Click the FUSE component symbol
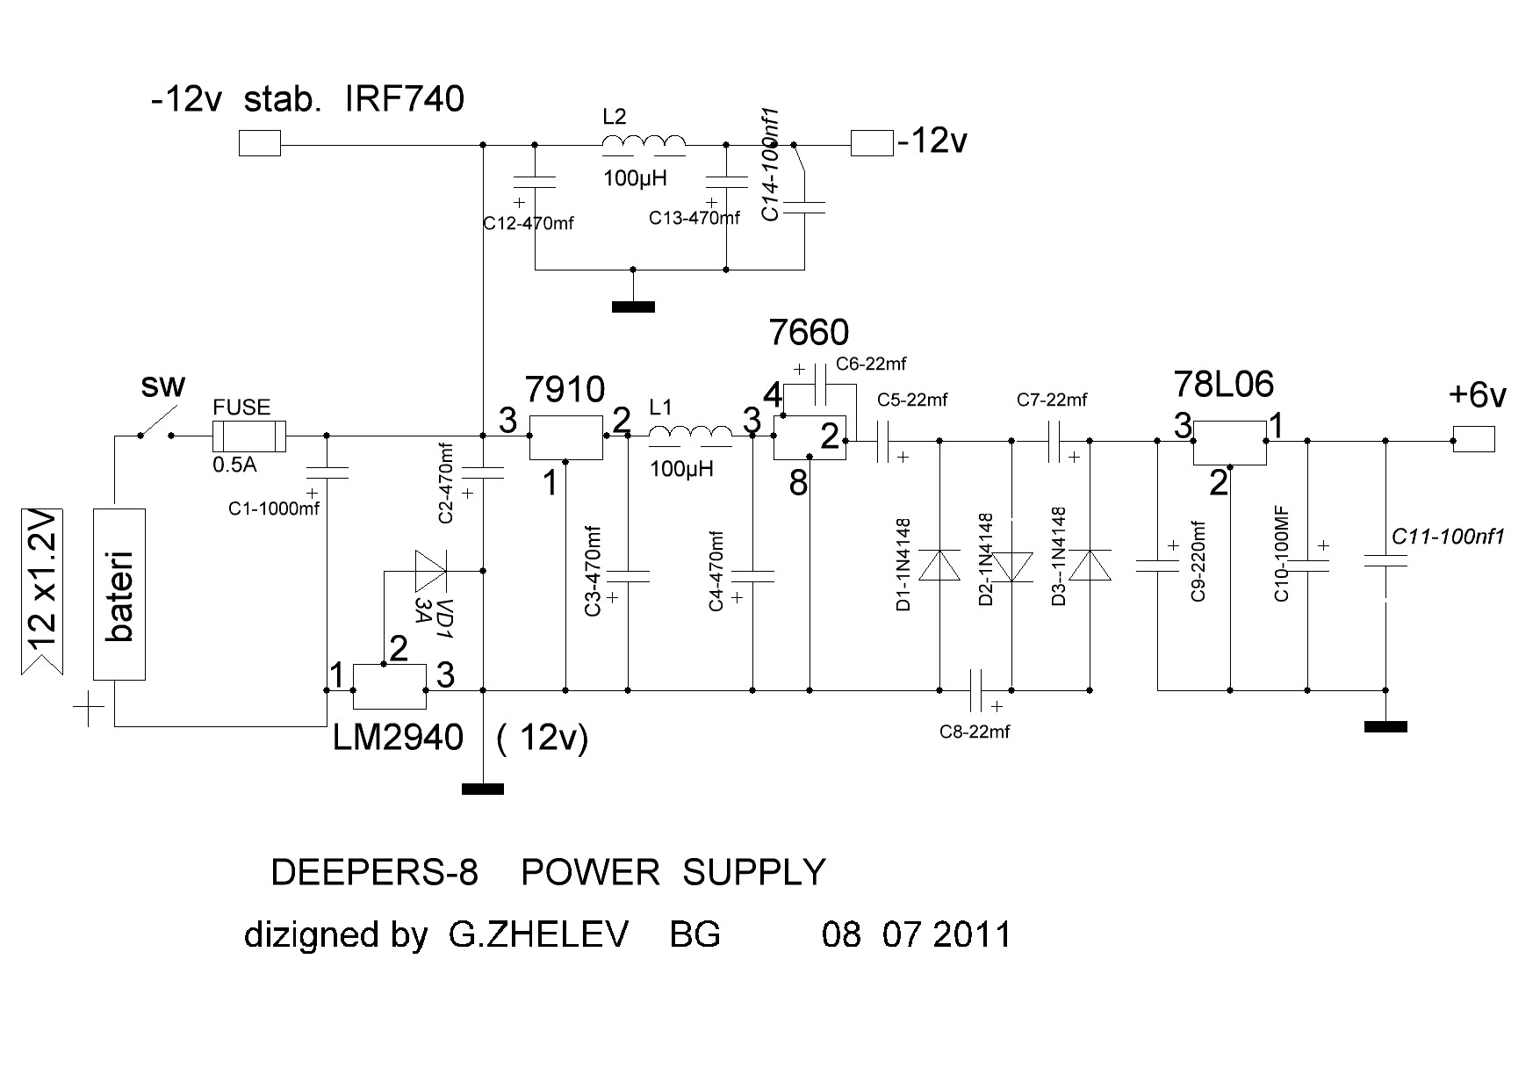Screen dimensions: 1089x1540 [249, 436]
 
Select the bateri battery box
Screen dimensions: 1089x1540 [119, 594]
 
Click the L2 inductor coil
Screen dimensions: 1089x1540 [644, 144]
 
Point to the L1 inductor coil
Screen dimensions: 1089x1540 [690, 435]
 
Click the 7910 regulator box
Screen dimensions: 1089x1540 [565, 436]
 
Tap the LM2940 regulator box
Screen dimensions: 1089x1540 [389, 687]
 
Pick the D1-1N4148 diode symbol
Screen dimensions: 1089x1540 [939, 566]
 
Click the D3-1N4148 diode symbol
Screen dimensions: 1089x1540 [1090, 566]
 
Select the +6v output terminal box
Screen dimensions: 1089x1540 [1473, 438]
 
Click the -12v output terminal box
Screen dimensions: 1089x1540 [872, 143]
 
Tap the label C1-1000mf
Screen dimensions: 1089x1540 [274, 508]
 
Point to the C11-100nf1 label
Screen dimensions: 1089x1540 [1449, 537]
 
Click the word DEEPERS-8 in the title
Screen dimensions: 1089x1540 [375, 873]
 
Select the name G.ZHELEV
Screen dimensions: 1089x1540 [538, 934]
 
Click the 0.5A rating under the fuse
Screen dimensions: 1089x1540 [234, 465]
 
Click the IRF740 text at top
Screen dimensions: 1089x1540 [405, 100]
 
